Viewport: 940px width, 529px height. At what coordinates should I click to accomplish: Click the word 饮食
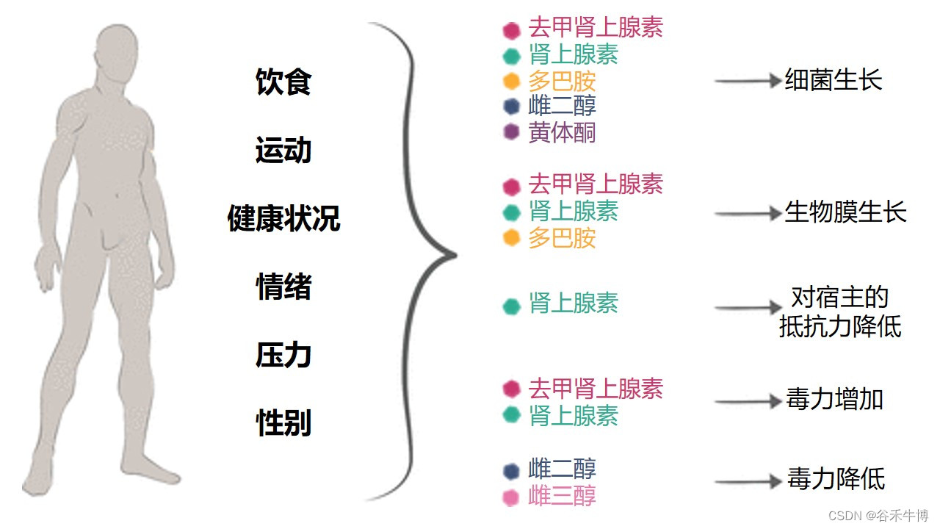click(283, 82)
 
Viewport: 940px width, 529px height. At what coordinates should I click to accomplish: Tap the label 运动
click(283, 151)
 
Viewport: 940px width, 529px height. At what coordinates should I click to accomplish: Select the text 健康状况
click(283, 219)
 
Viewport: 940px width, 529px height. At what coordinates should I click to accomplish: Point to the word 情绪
click(283, 287)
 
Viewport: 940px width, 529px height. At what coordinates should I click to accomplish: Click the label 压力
click(283, 356)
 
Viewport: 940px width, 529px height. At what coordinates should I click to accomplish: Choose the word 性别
click(283, 424)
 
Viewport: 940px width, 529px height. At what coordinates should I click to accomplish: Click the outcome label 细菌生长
click(834, 80)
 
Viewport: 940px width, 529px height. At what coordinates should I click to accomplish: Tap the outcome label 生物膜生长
click(846, 213)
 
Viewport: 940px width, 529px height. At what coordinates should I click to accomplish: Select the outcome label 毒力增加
click(834, 400)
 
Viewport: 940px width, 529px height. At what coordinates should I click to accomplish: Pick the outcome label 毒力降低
click(836, 480)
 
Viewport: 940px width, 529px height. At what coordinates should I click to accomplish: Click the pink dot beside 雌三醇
click(511, 497)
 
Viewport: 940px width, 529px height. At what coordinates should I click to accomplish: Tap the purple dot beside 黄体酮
click(511, 133)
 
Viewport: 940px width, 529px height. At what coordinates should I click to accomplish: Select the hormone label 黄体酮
click(562, 133)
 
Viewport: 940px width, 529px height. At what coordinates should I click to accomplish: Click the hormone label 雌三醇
click(562, 496)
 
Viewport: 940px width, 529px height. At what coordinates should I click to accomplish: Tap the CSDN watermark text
click(878, 516)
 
